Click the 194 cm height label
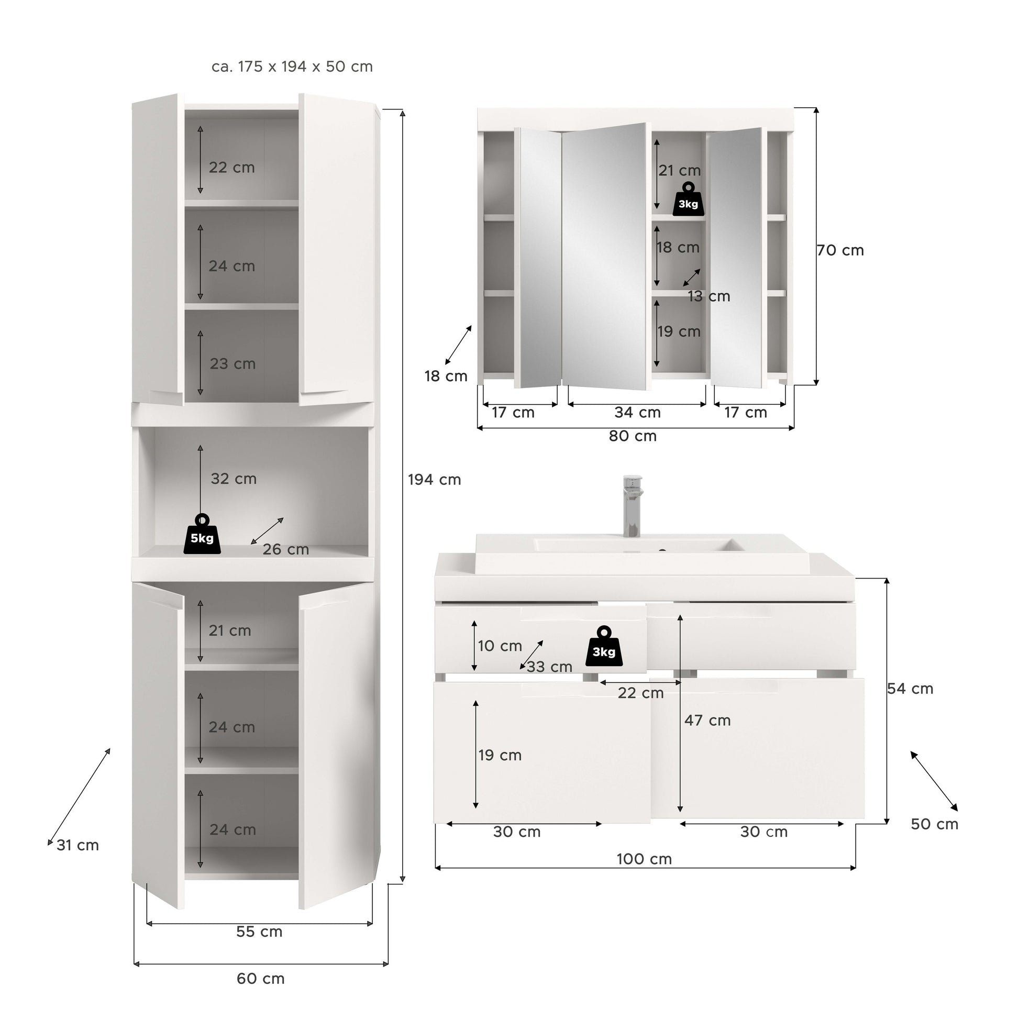(x=434, y=480)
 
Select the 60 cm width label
(x=261, y=978)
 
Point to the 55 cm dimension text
(x=260, y=932)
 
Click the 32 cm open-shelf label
(x=234, y=479)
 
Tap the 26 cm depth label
(x=286, y=549)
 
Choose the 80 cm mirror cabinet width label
(x=633, y=436)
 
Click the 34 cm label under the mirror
(x=638, y=412)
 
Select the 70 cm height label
(x=840, y=250)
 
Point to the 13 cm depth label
(x=709, y=296)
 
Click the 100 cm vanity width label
(x=645, y=859)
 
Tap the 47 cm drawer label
(x=707, y=720)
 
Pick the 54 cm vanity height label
(x=910, y=688)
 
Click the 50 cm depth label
(x=935, y=824)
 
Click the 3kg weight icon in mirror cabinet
(x=688, y=199)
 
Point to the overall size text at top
(x=292, y=67)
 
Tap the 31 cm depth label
(x=77, y=845)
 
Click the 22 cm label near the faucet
(x=641, y=693)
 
